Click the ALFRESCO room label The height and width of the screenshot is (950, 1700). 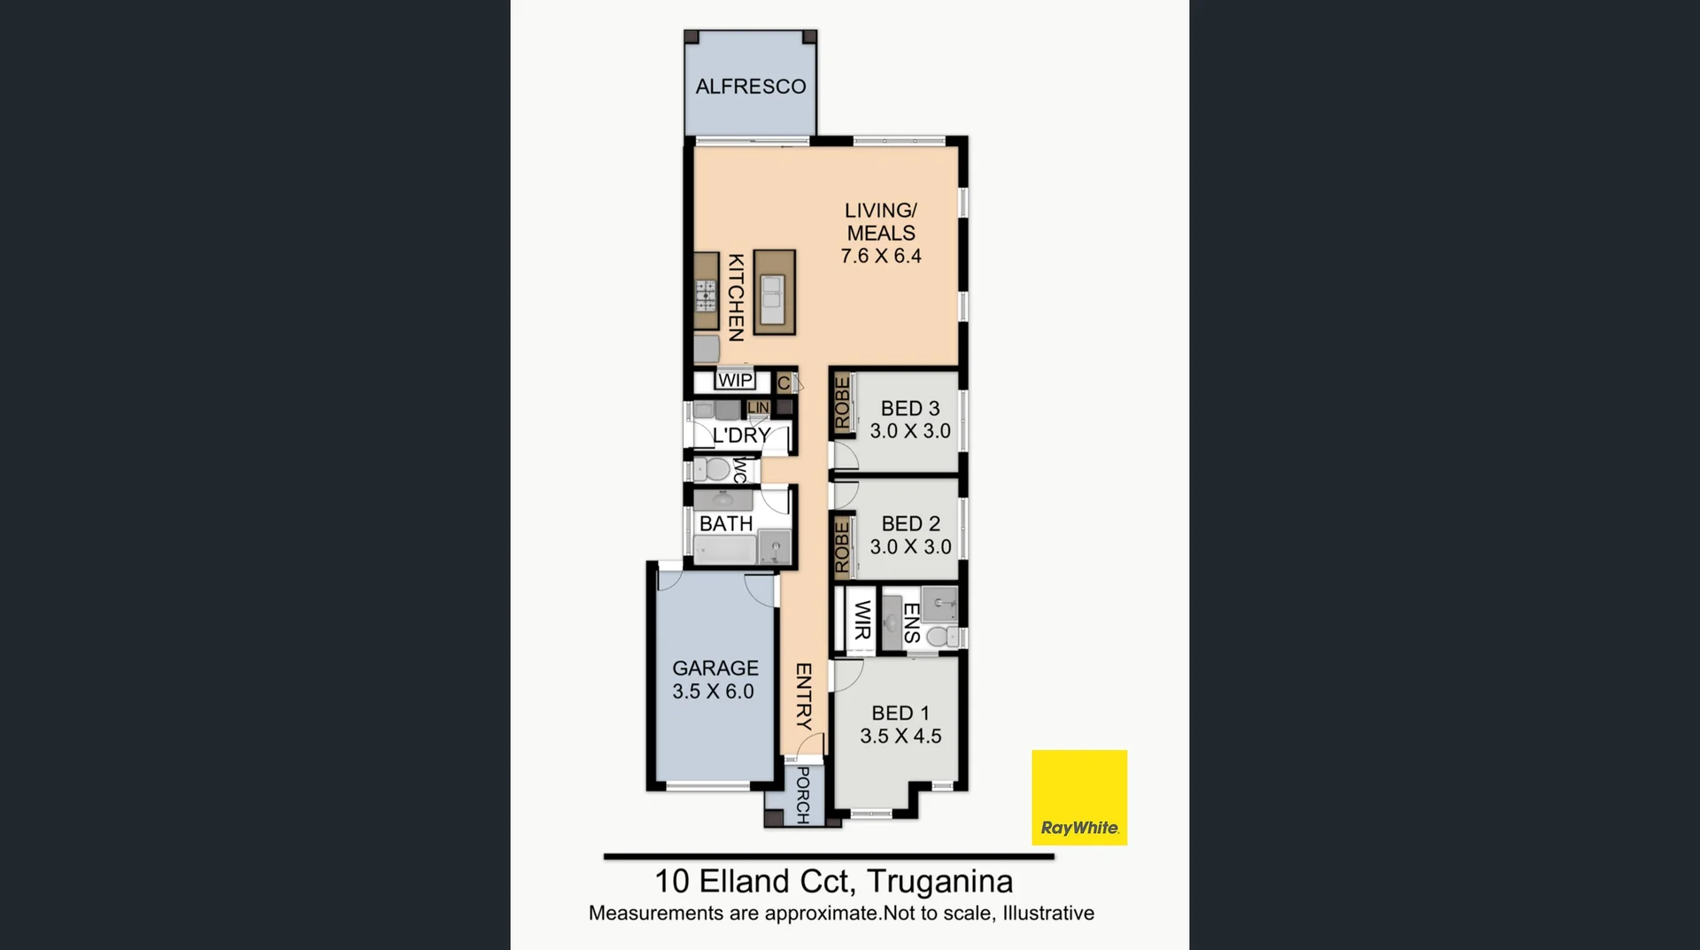751,87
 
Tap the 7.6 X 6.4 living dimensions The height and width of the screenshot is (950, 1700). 881,257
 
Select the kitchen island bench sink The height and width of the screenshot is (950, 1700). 773,298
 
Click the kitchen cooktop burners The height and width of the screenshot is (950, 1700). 706,295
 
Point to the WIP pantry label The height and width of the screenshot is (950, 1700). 735,381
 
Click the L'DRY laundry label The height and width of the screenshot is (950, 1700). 742,436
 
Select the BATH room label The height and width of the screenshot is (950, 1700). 726,524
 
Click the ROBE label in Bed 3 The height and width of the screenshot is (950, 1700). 842,403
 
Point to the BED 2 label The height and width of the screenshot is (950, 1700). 911,524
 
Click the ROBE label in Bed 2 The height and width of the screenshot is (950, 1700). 842,546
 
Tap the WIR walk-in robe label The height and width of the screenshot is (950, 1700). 862,619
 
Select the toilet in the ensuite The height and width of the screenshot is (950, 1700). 942,637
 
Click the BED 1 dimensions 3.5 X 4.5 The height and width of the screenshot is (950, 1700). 900,737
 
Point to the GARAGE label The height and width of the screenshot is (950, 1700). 715,668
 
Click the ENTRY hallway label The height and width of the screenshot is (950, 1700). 804,697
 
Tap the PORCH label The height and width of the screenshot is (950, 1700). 803,795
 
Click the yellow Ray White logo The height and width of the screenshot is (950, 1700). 1079,798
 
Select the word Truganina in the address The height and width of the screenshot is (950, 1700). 939,882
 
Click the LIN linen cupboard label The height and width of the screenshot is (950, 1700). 758,408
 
